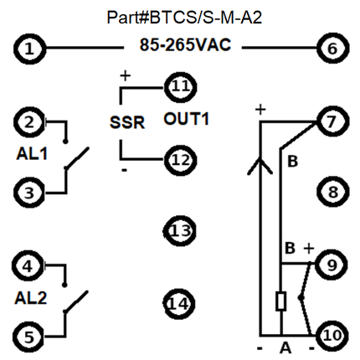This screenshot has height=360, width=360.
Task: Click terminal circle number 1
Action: [29, 49]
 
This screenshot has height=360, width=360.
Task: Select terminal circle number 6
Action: [332, 49]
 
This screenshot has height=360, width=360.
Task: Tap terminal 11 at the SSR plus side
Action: [181, 87]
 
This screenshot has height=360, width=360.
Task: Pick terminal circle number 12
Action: [181, 160]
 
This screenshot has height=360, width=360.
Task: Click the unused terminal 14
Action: [179, 304]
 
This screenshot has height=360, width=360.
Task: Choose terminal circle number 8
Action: [333, 192]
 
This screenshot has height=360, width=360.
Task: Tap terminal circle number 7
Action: [332, 121]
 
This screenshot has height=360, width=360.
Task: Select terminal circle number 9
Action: [332, 265]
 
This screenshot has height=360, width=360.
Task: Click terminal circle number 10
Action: [332, 335]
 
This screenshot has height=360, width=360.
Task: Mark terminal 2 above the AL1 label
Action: [29, 122]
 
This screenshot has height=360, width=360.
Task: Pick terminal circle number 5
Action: [28, 337]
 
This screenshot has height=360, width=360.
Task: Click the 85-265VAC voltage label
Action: [185, 44]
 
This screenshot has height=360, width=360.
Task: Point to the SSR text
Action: [127, 122]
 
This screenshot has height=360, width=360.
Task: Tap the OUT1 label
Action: [186, 119]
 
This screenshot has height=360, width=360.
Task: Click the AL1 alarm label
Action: [32, 154]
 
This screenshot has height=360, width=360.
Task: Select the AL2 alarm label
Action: [31, 298]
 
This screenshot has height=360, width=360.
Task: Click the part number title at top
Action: [184, 18]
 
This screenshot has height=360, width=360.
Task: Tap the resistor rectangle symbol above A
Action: [281, 301]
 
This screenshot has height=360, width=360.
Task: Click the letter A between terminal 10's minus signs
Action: [285, 347]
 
